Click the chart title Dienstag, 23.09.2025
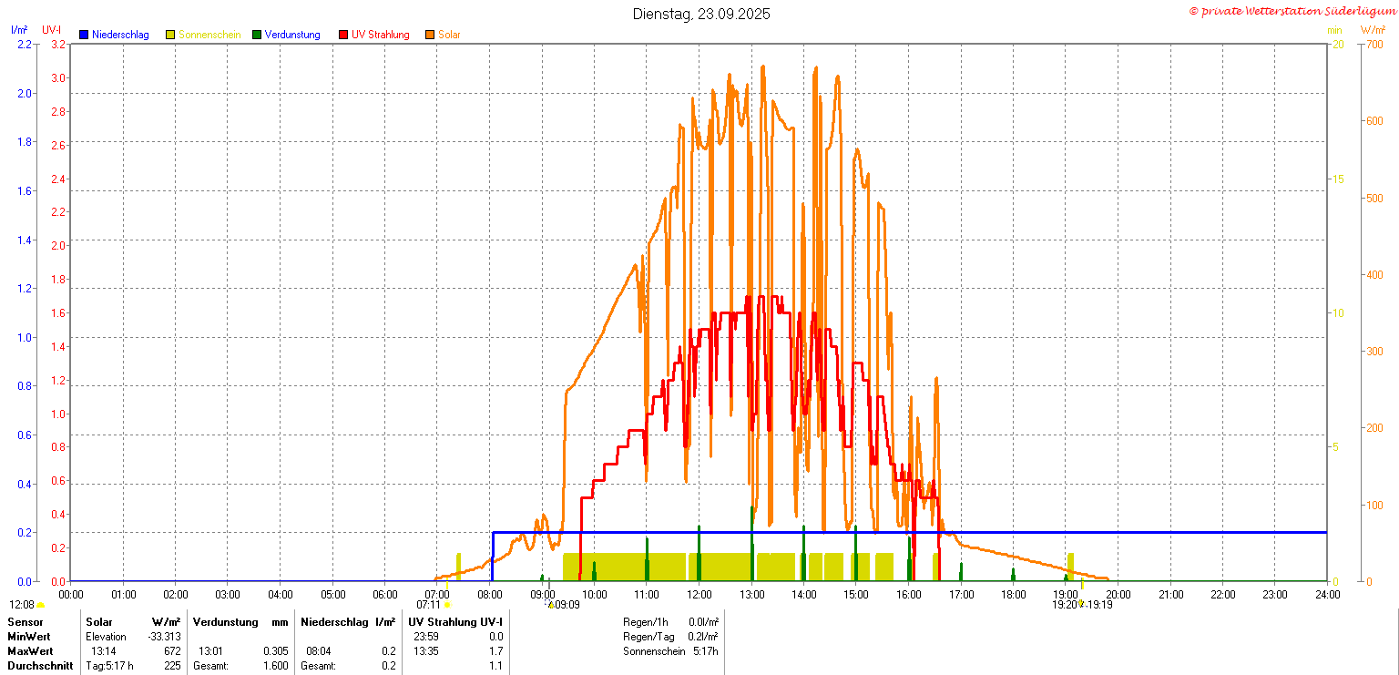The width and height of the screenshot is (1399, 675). click(701, 14)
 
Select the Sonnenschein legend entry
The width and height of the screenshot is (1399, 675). click(209, 35)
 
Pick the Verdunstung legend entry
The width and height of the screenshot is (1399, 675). click(292, 35)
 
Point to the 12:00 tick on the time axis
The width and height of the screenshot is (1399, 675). click(699, 595)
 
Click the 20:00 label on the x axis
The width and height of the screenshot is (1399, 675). click(1118, 595)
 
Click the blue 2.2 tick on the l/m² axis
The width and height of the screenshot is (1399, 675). click(25, 44)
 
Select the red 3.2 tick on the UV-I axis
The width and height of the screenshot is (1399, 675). click(58, 44)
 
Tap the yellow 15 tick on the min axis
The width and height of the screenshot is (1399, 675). click(1338, 179)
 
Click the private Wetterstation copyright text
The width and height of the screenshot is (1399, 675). click(1292, 11)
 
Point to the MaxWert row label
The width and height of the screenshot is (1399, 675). click(30, 651)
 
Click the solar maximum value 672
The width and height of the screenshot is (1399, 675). click(171, 651)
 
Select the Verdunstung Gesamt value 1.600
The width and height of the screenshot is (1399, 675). click(275, 666)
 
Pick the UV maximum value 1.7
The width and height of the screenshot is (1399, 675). click(495, 651)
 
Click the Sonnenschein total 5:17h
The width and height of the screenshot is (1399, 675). click(704, 651)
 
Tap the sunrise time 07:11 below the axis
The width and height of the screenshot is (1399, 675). click(428, 604)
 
